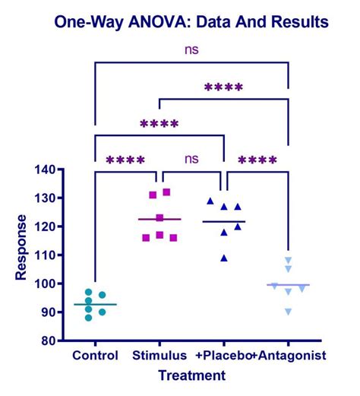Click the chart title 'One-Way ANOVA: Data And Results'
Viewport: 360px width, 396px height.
tap(190, 22)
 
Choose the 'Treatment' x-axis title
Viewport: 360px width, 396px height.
tap(191, 375)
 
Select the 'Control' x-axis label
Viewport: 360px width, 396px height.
tap(96, 356)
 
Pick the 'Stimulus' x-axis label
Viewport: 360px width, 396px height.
tap(159, 356)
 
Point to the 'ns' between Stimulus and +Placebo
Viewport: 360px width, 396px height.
tap(191, 160)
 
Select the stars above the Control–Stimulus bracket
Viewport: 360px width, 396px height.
tap(125, 161)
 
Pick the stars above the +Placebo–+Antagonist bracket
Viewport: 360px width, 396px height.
tap(257, 161)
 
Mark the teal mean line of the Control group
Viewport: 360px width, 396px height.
tap(96, 304)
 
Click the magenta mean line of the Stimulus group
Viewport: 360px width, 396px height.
tap(159, 219)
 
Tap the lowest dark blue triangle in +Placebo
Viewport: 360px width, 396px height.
tap(224, 258)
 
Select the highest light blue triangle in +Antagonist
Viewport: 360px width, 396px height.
tap(288, 260)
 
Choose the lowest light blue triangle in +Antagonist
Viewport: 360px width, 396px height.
tap(288, 312)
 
